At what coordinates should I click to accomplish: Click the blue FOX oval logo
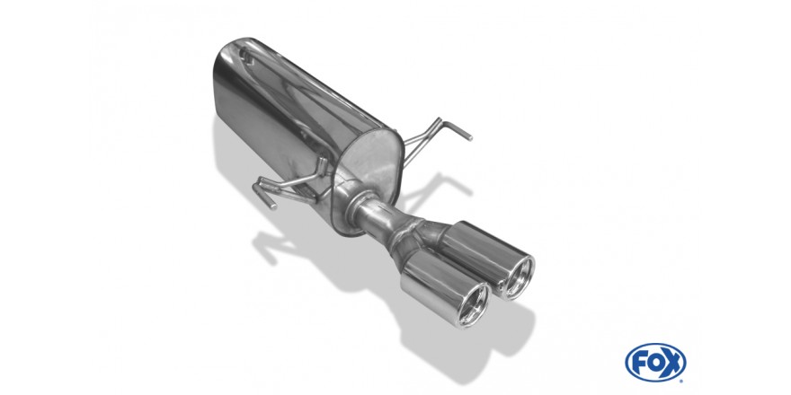655,363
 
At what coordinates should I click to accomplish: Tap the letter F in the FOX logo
640,363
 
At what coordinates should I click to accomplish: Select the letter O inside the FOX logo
654,363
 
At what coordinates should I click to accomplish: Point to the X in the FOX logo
671,363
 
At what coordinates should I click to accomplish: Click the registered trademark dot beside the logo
681,381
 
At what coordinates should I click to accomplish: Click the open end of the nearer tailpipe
473,304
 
